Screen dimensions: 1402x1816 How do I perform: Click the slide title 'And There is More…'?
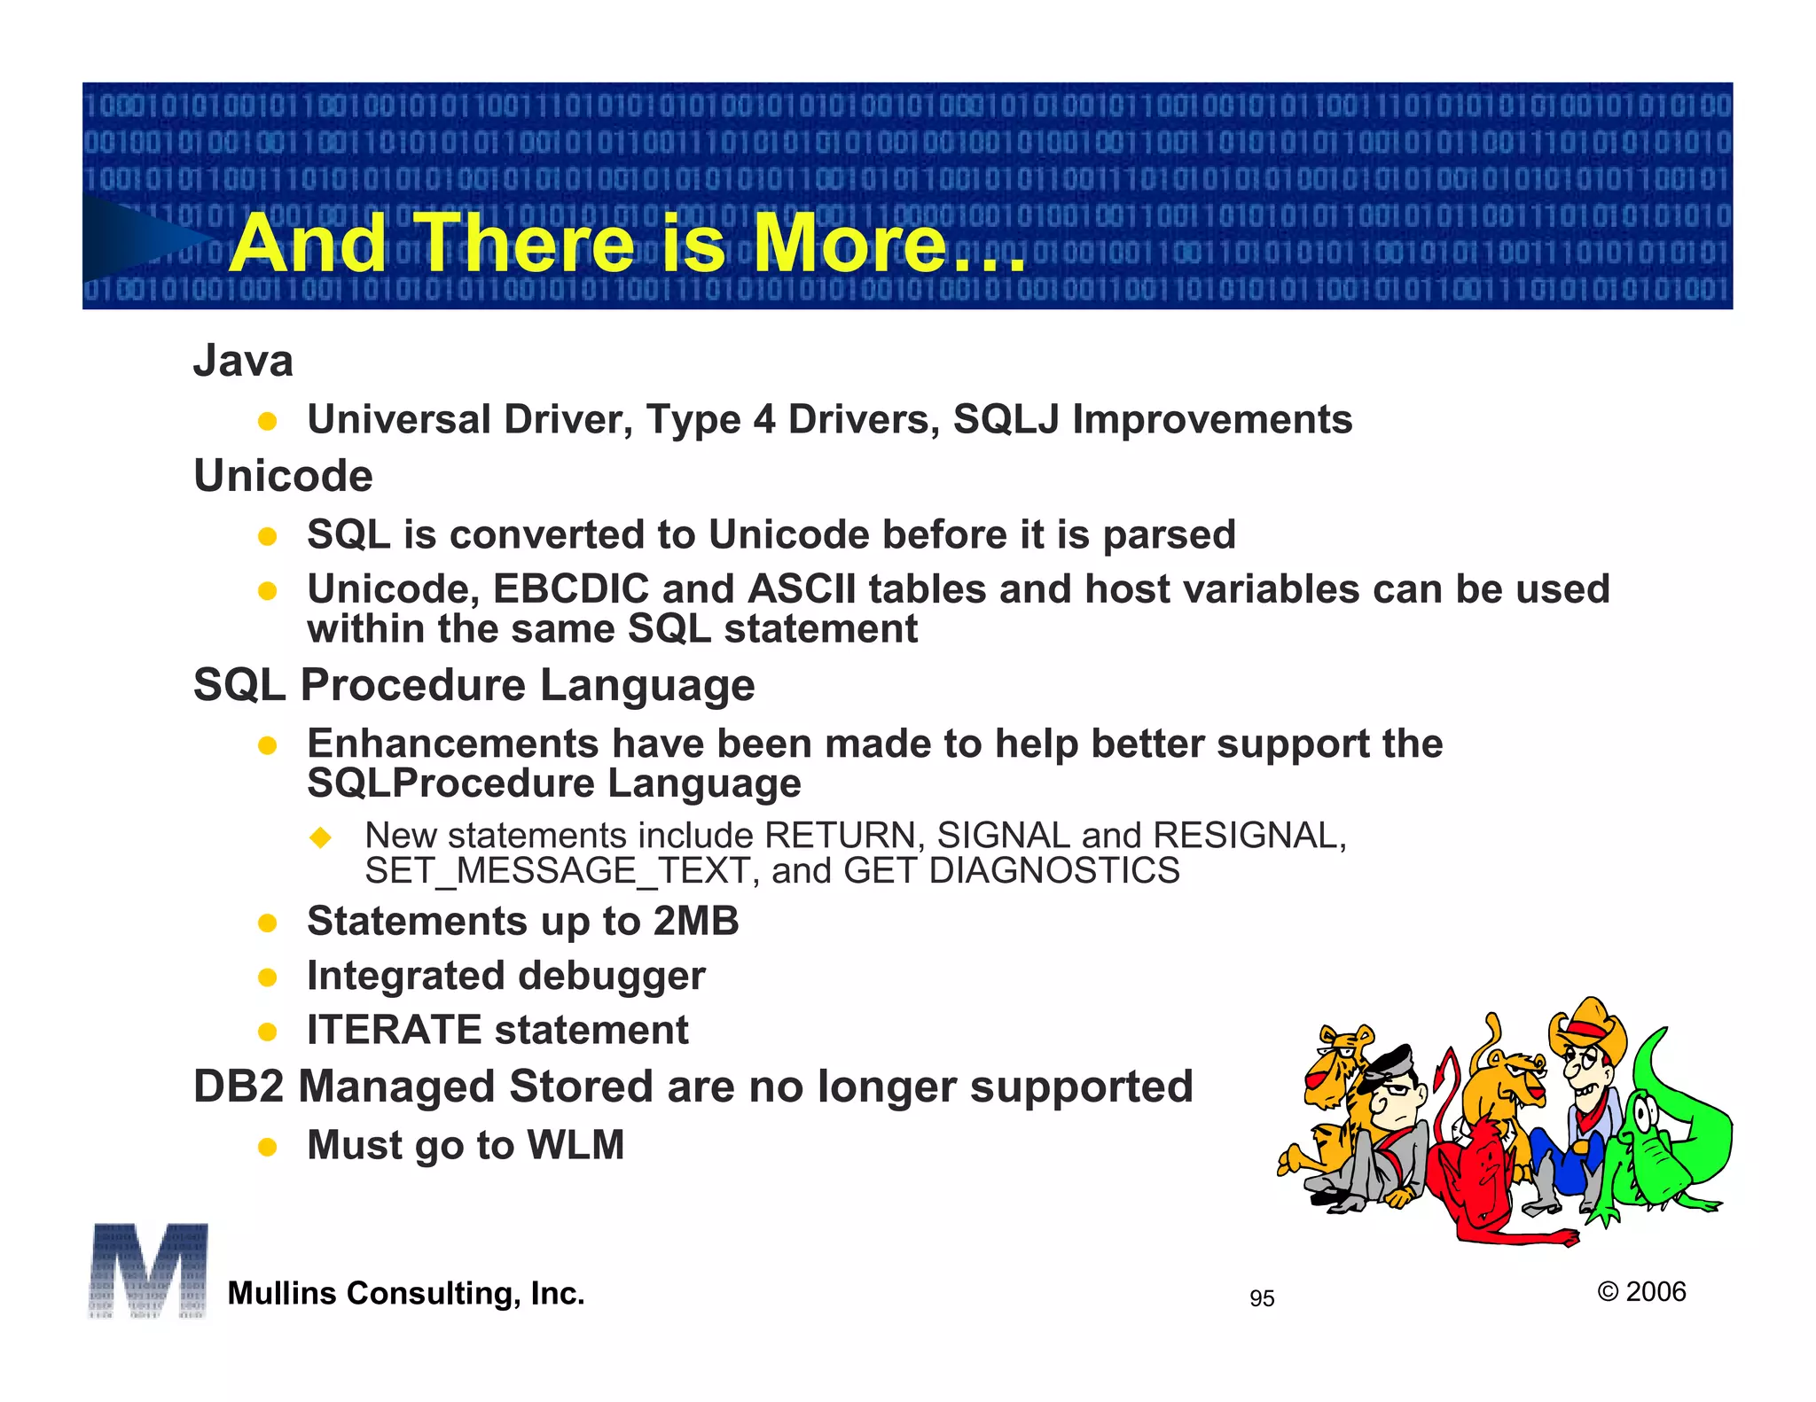[627, 244]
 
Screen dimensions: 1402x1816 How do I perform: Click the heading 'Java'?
[243, 361]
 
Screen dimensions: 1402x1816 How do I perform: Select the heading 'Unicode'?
[283, 476]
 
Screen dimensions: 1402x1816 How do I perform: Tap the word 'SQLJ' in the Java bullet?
[1006, 419]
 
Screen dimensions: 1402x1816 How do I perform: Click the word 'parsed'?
[1169, 535]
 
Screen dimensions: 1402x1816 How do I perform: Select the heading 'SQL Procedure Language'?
[474, 685]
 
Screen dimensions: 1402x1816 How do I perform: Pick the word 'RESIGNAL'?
[1246, 836]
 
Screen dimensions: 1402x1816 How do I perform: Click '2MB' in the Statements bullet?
[696, 921]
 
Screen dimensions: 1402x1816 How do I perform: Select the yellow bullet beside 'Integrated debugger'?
[267, 978]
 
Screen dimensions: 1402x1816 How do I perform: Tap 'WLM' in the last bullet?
[576, 1145]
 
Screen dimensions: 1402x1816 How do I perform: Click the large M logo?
[148, 1270]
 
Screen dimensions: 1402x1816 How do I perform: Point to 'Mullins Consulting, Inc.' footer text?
[406, 1293]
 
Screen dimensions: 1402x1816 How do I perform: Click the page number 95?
[1261, 1298]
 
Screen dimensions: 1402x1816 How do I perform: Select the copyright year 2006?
[1655, 1291]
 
